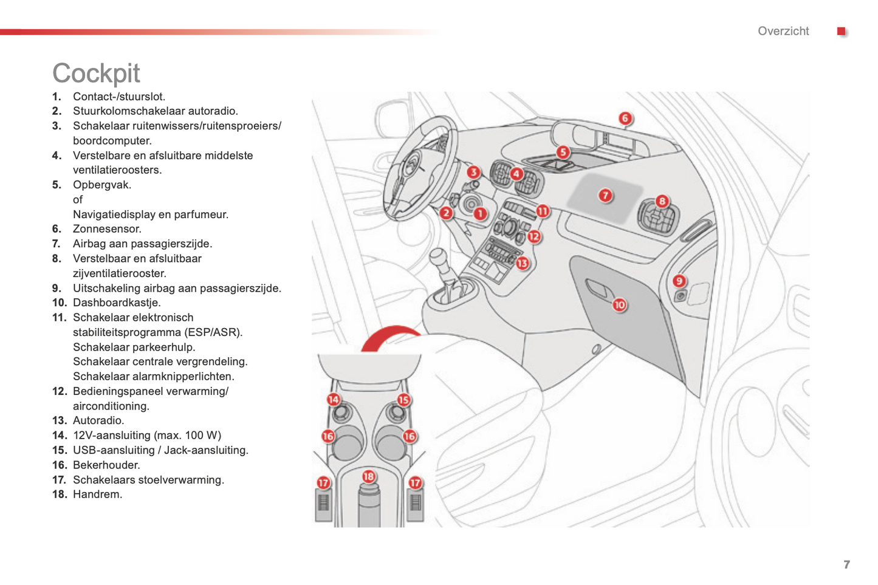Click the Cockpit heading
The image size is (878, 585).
(96, 74)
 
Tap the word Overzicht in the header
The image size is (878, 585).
(783, 31)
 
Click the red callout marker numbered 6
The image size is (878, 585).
(625, 118)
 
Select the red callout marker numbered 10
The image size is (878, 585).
(619, 305)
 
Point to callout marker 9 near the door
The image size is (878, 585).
(679, 281)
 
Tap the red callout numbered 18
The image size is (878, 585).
(368, 476)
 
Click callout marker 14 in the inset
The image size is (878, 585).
(334, 399)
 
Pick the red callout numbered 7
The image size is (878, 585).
(605, 195)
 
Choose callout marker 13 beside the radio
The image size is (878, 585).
(523, 263)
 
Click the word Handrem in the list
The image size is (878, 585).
(97, 494)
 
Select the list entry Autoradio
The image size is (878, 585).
(98, 420)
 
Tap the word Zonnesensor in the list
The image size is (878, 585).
(106, 229)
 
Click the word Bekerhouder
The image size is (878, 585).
(106, 465)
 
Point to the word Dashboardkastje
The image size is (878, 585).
(116, 303)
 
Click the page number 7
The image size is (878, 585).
(846, 564)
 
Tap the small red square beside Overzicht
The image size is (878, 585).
(841, 31)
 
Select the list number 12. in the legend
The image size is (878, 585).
(59, 391)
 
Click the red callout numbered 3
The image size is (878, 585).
(473, 173)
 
